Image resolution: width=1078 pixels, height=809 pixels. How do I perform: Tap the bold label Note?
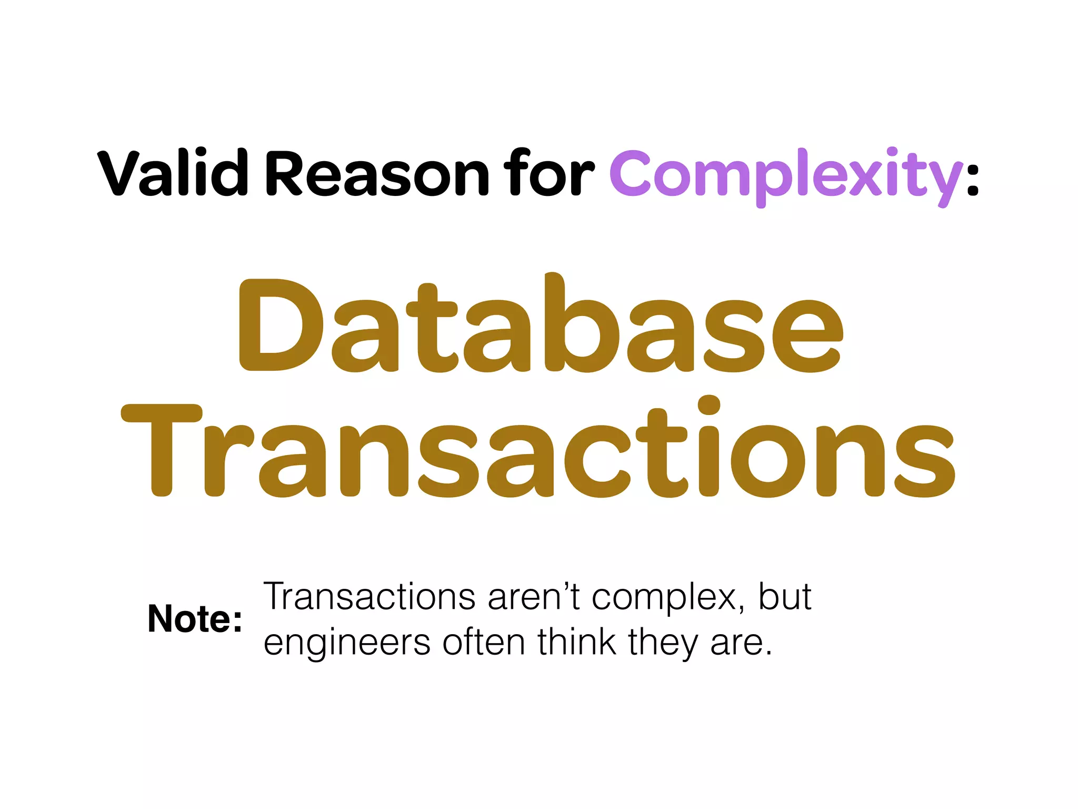(195, 618)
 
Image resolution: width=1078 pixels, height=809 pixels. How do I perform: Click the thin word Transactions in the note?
(369, 597)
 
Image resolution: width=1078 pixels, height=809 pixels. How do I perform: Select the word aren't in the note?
(533, 597)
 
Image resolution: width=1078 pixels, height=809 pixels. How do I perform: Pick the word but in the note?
(784, 597)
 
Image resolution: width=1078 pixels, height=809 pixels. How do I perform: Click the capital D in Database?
(279, 325)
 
